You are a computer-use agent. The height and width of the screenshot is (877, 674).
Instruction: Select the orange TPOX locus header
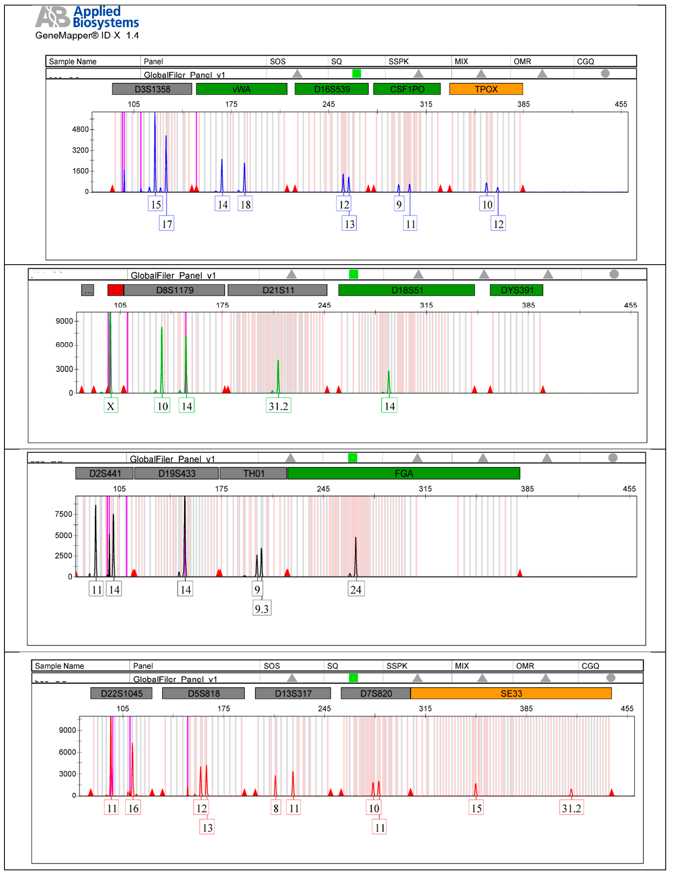(486, 89)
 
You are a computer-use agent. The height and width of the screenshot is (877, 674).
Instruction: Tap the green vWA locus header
(242, 89)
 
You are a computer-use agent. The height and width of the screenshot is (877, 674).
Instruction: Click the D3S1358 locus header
(152, 89)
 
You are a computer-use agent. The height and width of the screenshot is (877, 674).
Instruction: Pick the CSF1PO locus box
(407, 89)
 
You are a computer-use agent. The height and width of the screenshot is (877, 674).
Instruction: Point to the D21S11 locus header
(278, 290)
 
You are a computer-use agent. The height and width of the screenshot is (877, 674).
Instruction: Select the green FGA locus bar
(404, 474)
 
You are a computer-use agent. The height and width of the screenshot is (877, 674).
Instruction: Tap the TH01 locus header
(254, 474)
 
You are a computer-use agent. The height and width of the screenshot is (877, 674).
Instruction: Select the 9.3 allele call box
(262, 609)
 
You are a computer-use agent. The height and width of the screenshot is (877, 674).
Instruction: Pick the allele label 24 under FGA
(356, 589)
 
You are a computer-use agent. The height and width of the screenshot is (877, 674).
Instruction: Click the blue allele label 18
(246, 205)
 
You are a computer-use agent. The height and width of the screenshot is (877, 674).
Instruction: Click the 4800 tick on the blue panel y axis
(80, 129)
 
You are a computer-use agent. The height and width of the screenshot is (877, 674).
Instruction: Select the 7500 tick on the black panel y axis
(63, 514)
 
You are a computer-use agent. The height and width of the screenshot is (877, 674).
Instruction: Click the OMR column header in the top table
(522, 61)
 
